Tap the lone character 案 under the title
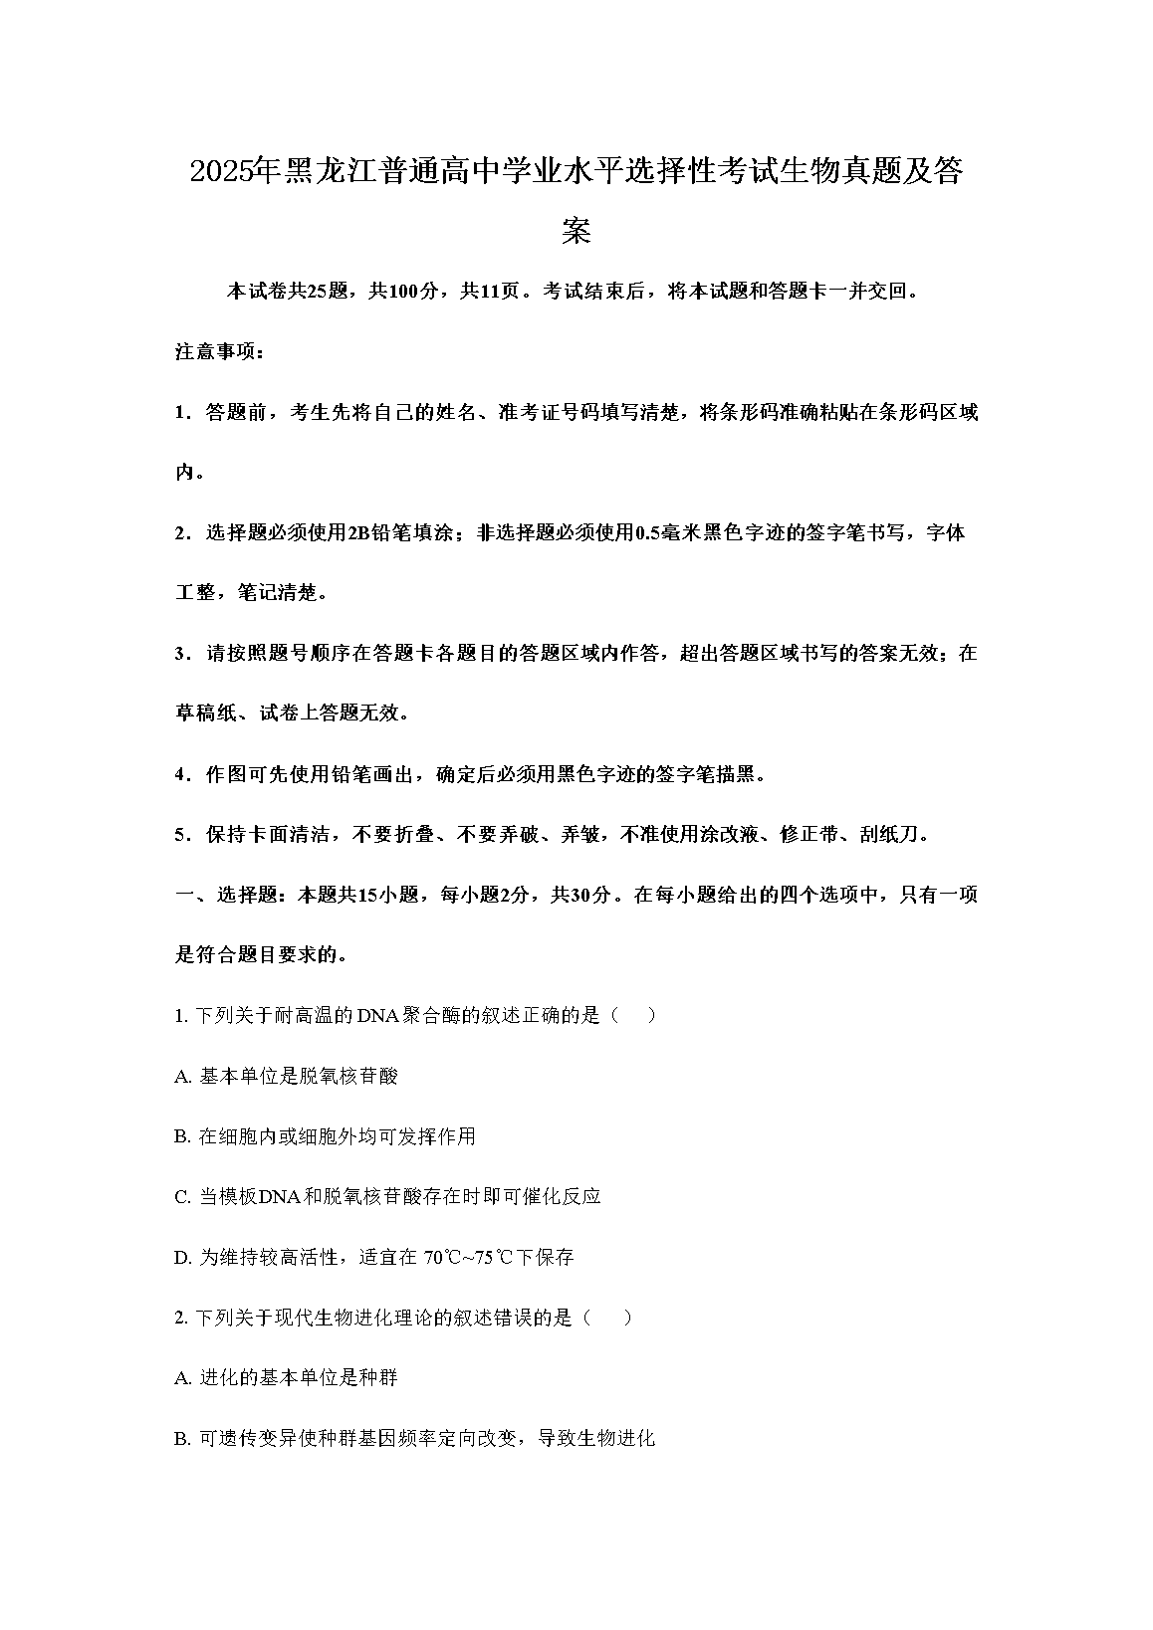point(576,231)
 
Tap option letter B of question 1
point(181,1136)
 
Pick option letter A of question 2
point(181,1378)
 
